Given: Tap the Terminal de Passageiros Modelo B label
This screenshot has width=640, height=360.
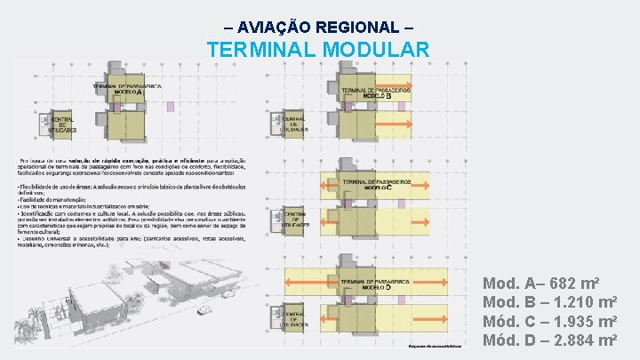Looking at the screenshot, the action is pyautogui.click(x=375, y=92).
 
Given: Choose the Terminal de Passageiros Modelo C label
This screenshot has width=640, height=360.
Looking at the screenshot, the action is pyautogui.click(x=375, y=186).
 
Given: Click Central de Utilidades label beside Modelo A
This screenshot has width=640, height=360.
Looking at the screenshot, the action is pyautogui.click(x=63, y=125).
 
